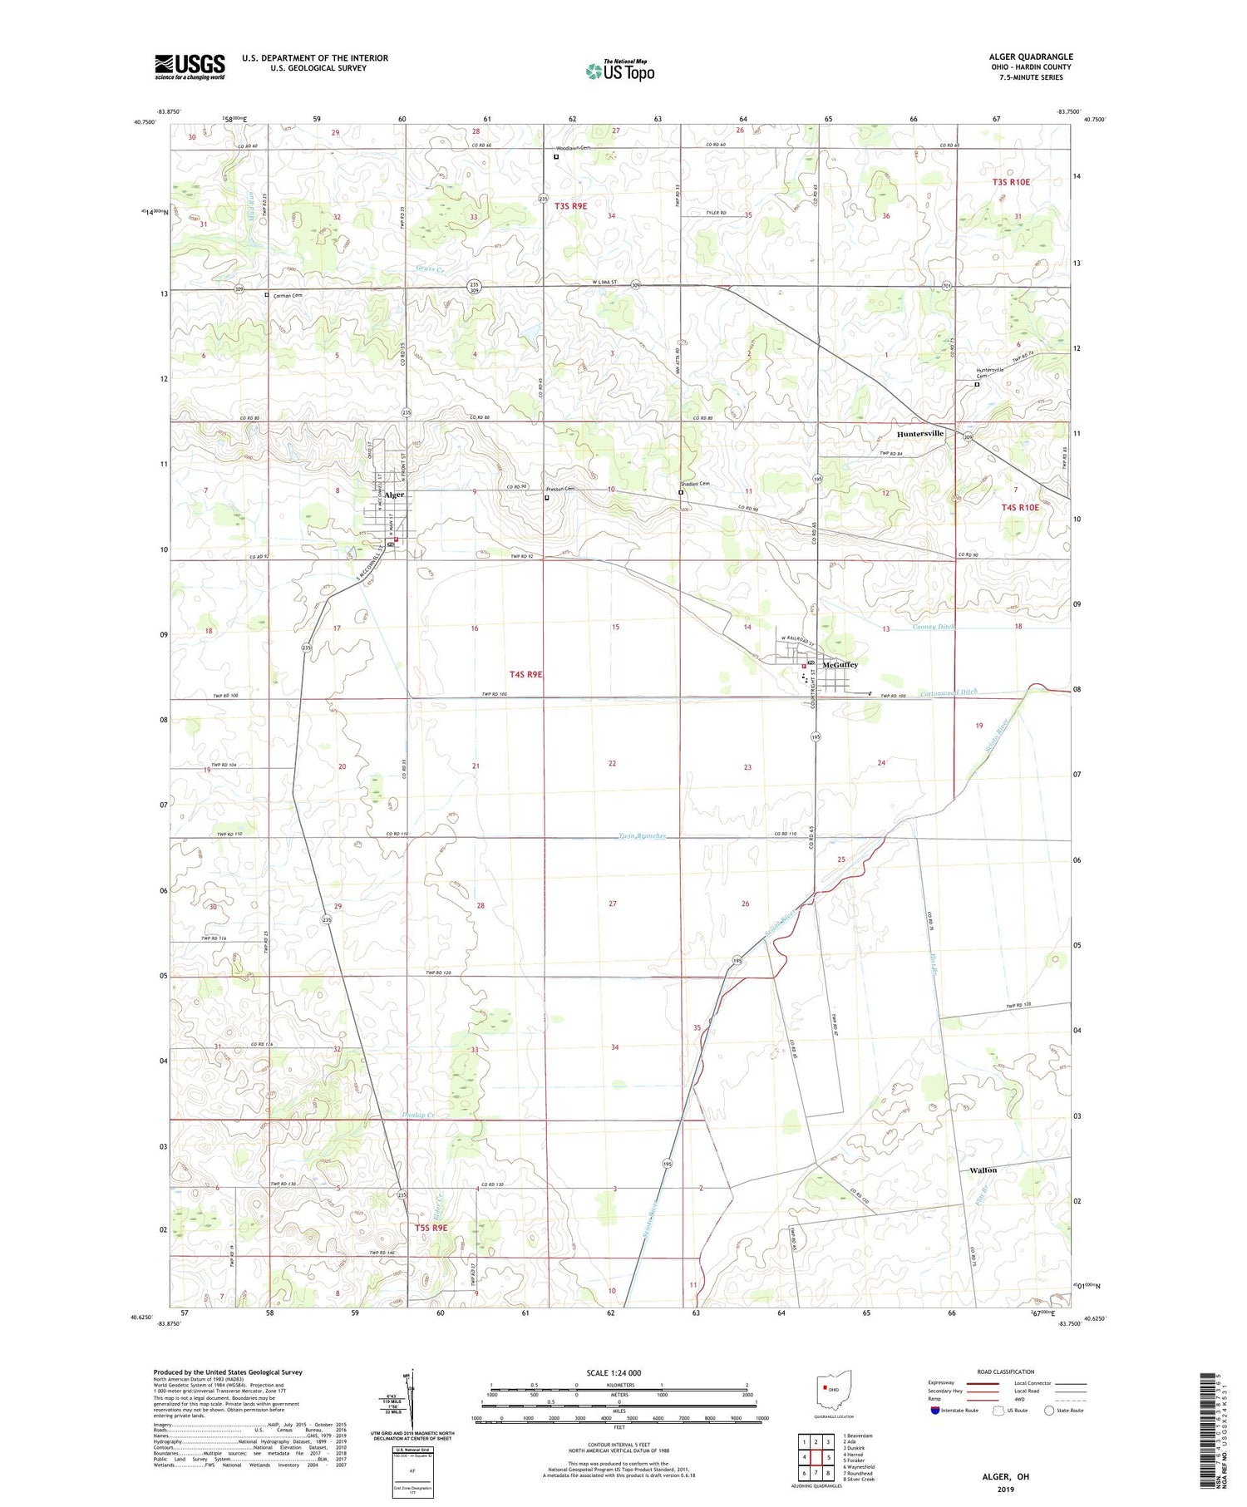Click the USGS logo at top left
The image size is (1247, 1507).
pos(190,66)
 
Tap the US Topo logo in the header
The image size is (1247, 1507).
pos(619,71)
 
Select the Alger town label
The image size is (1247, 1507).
pos(393,495)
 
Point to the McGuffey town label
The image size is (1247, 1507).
pos(840,665)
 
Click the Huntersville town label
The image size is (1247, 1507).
pos(919,434)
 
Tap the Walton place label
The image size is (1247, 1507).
pos(983,1170)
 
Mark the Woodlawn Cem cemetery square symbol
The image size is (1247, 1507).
pos(556,156)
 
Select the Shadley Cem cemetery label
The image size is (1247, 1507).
pos(696,484)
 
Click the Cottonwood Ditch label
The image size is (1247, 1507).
pos(949,692)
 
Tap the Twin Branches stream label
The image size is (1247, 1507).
pos(642,836)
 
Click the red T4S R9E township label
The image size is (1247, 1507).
pos(525,674)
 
